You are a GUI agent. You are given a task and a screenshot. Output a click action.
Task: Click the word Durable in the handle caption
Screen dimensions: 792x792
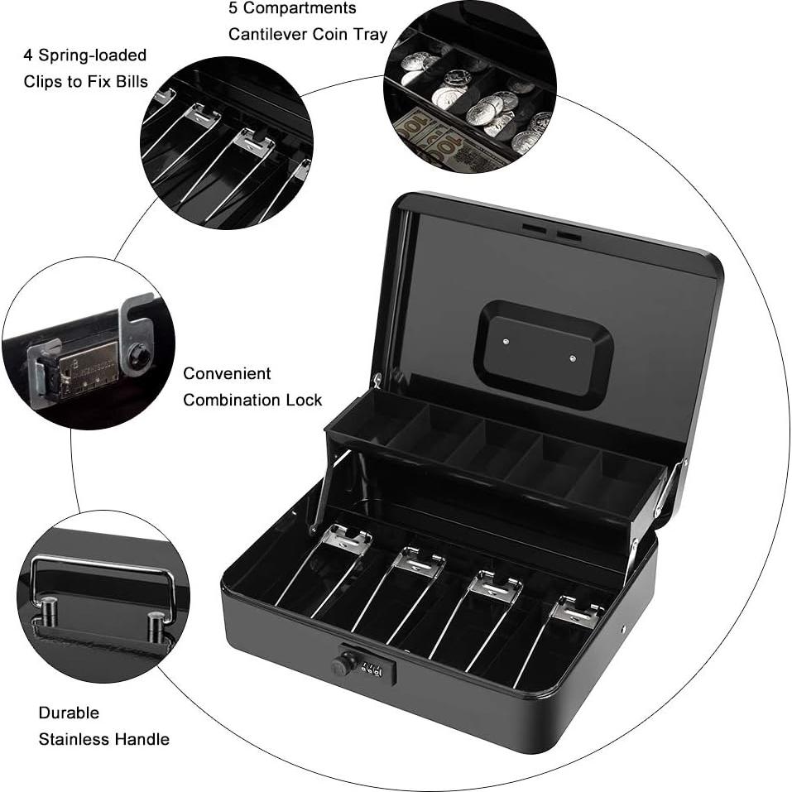point(69,713)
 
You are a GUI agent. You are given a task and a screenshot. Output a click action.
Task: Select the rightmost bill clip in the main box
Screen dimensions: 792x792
point(576,612)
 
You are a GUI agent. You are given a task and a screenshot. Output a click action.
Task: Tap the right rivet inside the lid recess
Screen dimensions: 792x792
point(573,358)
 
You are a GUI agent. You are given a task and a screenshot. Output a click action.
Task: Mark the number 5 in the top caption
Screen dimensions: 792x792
point(233,8)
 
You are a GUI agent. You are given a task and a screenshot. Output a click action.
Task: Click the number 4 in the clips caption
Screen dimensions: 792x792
point(28,55)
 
